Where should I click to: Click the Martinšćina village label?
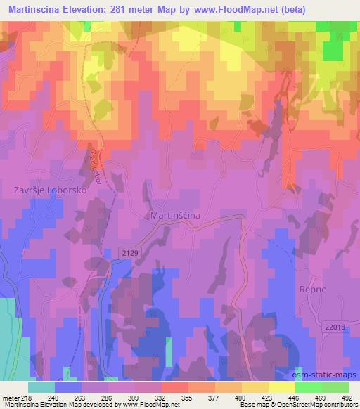[179, 216]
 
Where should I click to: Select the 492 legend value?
[346, 398]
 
